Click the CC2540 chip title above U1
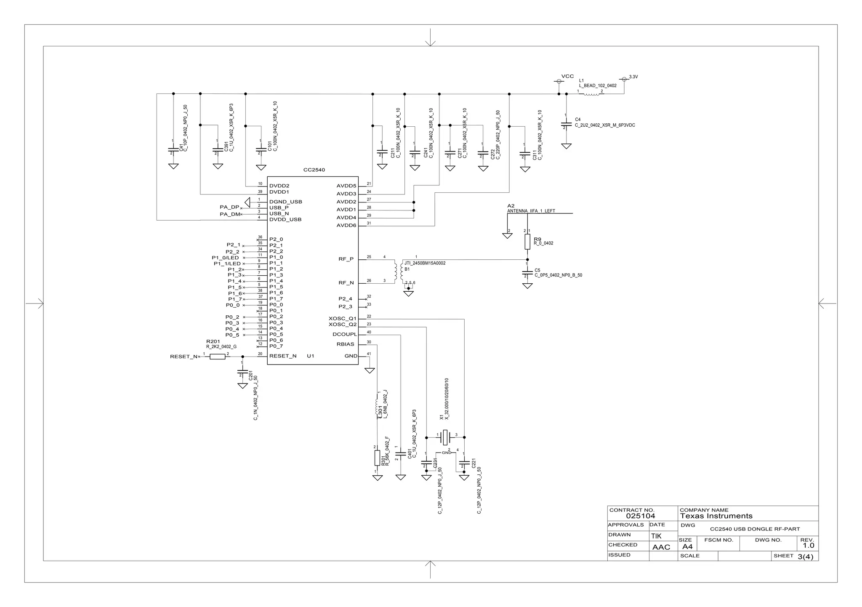coord(314,170)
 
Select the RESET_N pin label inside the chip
coord(283,356)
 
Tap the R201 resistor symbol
coord(217,357)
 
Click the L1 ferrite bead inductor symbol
coord(591,94)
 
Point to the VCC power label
coord(567,76)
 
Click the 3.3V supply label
coord(633,77)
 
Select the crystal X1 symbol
coord(445,437)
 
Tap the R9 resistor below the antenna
coord(527,242)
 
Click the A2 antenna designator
coord(511,206)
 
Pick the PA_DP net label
coord(229,207)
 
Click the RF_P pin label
coord(346,259)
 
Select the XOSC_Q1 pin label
coord(342,319)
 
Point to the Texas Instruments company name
coord(716,516)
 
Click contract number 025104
coord(640,516)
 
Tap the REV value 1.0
coord(808,546)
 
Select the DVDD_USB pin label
coord(285,220)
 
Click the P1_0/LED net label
coord(225,258)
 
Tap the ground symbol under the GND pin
coord(370,370)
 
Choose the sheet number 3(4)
coord(805,556)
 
